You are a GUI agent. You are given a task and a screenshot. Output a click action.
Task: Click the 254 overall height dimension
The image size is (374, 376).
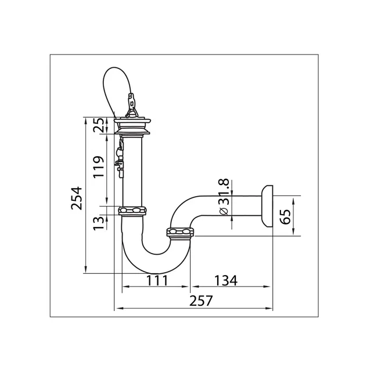point(75,198)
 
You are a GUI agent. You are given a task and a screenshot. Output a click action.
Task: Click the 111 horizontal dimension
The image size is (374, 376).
point(156,280)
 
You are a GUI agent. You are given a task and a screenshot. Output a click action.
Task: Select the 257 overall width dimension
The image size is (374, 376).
point(201,301)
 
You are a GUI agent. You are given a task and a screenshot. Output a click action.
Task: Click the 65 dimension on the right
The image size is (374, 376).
point(285,216)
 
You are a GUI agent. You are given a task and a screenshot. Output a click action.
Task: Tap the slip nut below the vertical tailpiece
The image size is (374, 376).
point(134,210)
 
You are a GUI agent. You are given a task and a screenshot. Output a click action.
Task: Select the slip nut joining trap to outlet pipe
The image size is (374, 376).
point(182,233)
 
